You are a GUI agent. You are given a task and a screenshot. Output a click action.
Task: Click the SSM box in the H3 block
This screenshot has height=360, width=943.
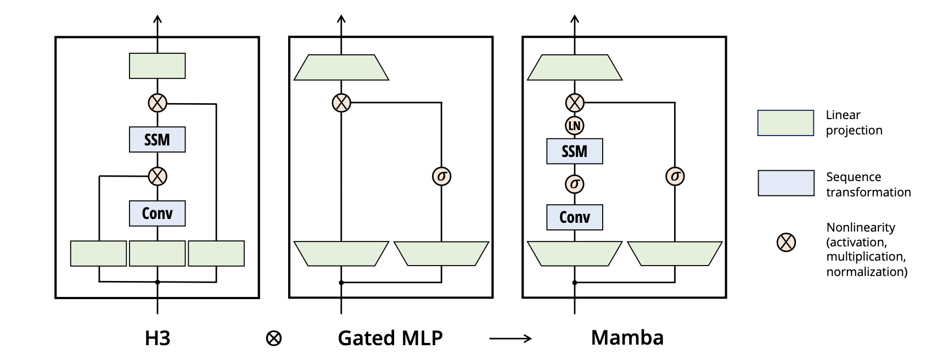pos(157,139)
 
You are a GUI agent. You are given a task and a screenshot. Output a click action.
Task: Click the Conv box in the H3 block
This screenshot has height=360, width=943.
pos(157,213)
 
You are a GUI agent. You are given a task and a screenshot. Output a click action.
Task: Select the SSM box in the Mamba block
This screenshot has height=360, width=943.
pos(574,151)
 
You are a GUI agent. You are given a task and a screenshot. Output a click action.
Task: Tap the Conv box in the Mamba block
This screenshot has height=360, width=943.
pos(574,217)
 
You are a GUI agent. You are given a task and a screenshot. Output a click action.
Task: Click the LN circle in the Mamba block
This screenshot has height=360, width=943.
pos(574,126)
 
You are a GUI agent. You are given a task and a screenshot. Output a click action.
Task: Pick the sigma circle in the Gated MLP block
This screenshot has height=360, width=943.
pos(441,176)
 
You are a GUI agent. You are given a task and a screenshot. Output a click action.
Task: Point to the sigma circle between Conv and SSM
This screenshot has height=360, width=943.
pos(574,184)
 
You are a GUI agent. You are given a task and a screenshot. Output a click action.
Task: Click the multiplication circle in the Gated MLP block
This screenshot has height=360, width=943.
pos(341,103)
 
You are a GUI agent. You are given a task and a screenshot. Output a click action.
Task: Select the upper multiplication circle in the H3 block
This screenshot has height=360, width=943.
pos(158,103)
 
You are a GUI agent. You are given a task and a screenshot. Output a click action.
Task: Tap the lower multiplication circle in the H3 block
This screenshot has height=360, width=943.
pos(158,176)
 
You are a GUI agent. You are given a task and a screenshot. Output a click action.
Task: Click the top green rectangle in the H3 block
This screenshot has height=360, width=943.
pos(157,66)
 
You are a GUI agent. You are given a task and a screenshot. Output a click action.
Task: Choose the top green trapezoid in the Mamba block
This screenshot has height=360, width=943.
pos(574,67)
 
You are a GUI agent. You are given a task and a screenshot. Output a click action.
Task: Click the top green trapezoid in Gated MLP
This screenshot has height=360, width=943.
pos(341,67)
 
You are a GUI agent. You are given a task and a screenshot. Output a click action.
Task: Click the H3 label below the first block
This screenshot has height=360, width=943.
pos(158,338)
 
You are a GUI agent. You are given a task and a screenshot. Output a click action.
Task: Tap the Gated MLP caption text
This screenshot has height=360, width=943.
pos(390,338)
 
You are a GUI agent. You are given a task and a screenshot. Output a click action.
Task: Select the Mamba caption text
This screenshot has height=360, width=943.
pos(627,337)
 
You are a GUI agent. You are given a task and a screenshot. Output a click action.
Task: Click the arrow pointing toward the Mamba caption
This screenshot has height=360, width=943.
pos(510,339)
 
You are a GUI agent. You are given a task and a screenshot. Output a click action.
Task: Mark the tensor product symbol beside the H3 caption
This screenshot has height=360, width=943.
pos(273,339)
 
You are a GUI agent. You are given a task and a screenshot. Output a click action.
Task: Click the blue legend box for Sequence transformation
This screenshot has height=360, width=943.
pos(785,183)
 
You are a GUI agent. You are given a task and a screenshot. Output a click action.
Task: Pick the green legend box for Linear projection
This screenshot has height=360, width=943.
pos(785,123)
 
